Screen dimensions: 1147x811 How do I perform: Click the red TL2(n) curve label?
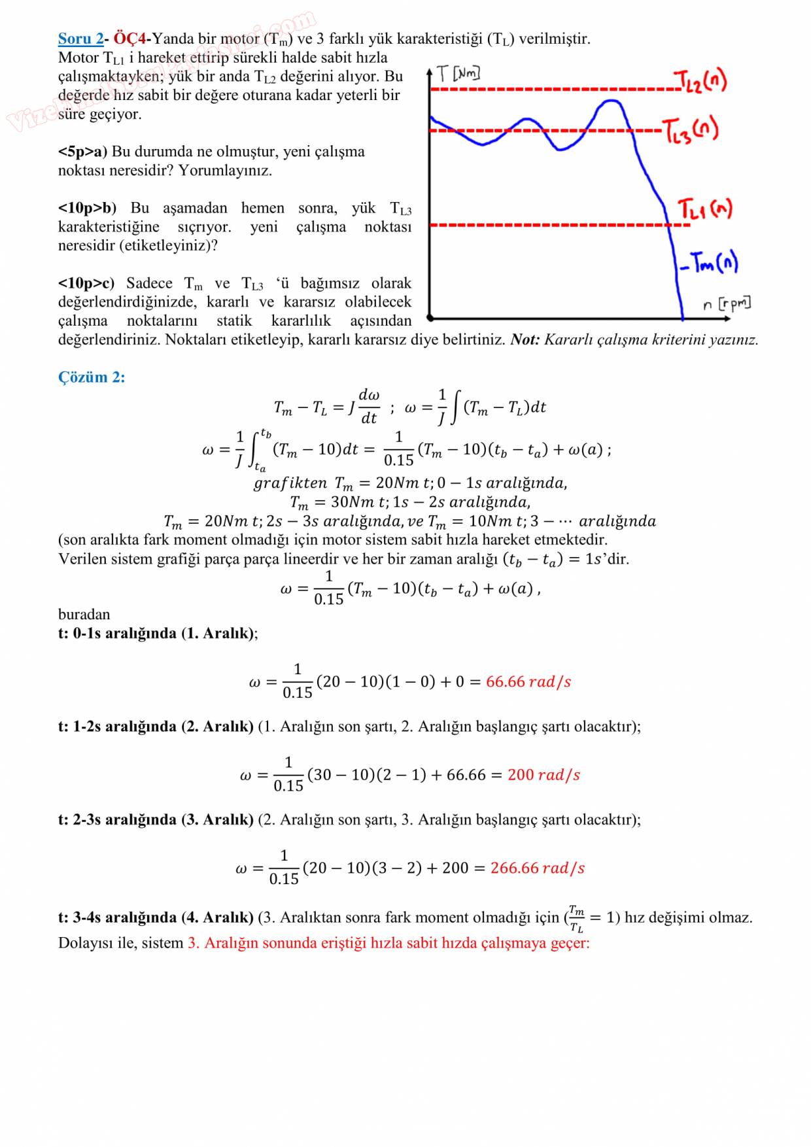click(700, 81)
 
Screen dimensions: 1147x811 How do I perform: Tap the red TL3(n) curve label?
click(691, 130)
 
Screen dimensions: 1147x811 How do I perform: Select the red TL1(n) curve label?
click(704, 209)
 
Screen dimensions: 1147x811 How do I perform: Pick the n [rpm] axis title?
click(726, 303)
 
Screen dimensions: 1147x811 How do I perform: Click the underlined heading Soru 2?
click(80, 39)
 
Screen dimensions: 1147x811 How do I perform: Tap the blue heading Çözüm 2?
click(92, 377)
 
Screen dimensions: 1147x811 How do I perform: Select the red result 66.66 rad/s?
click(528, 681)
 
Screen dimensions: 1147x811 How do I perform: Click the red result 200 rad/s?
click(544, 775)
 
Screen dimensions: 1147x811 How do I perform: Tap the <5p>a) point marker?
click(82, 152)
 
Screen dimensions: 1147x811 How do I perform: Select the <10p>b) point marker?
click(87, 208)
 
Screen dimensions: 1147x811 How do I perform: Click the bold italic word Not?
click(525, 339)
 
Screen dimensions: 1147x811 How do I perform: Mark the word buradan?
click(84, 614)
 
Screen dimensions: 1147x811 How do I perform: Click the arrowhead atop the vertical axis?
click(430, 71)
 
